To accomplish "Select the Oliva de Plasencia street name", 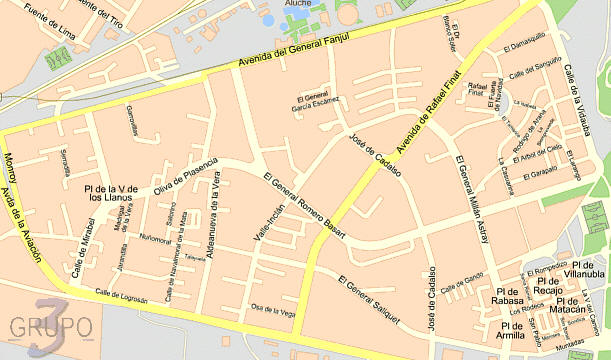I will tap(185, 175).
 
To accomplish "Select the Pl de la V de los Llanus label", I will tap(111, 192).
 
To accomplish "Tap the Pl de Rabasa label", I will tap(509, 296).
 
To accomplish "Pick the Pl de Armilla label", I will tap(512, 330).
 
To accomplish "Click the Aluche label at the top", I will tap(298, 4).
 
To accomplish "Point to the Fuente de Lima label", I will tap(39, 25).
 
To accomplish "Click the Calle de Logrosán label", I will tap(121, 296).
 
